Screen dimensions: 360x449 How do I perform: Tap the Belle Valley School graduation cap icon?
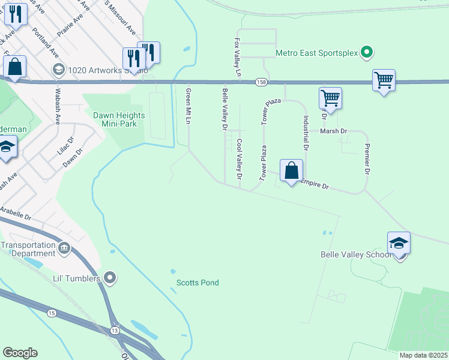pyautogui.click(x=399, y=244)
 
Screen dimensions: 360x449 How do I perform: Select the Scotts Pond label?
pyautogui.click(x=197, y=283)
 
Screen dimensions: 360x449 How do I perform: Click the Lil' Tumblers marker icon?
pyautogui.click(x=109, y=277)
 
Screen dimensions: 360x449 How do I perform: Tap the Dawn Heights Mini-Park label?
pyautogui.click(x=115, y=119)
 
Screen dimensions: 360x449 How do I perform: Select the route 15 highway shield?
pyautogui.click(x=52, y=313)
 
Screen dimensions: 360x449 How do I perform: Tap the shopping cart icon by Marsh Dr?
pyautogui.click(x=330, y=98)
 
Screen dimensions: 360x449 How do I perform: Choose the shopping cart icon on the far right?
pyautogui.click(x=384, y=80)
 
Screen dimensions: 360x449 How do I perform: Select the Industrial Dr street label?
pyautogui.click(x=306, y=132)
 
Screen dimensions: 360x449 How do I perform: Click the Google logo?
pyautogui.click(x=20, y=353)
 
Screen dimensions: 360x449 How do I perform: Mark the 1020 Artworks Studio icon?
pyautogui.click(x=58, y=70)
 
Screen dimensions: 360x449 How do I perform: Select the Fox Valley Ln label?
pyautogui.click(x=238, y=58)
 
